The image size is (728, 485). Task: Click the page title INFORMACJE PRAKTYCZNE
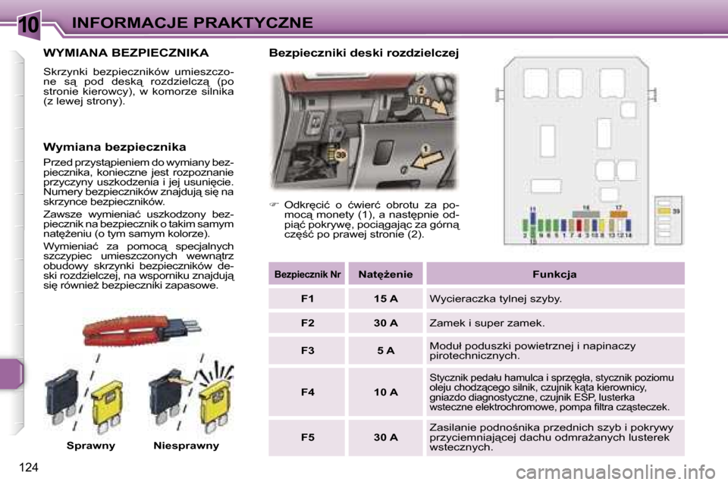coord(193,23)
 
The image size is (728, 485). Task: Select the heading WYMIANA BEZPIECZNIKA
coord(127,53)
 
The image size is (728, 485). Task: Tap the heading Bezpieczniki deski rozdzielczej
coord(364,53)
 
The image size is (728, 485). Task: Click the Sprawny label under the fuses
coord(90,446)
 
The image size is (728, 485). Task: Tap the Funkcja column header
coord(554,274)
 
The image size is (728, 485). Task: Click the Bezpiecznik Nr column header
coord(307,274)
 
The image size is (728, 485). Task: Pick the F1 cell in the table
coord(307,299)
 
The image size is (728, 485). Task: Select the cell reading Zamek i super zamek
coord(487,323)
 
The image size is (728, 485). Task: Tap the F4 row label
coord(307,392)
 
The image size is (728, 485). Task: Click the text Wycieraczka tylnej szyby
coord(495,299)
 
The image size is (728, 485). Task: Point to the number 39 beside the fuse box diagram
coord(676,211)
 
